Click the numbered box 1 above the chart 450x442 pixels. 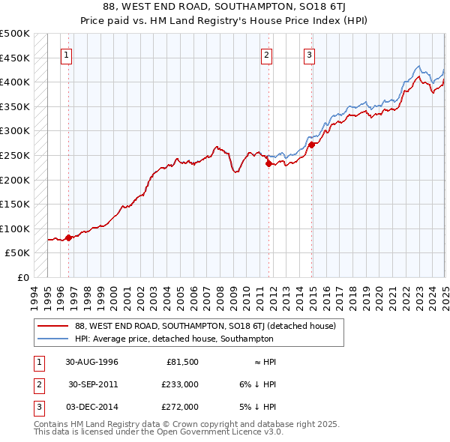click(67, 54)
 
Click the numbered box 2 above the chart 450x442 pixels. click(266, 54)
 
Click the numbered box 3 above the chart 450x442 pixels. click(309, 54)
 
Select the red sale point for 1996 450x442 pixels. click(68, 237)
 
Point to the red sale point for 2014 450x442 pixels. click(310, 145)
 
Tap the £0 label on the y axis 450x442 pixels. click(22, 277)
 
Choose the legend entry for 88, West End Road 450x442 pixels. click(209, 326)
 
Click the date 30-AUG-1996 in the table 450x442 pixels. click(91, 362)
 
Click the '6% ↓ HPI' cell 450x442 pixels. click(257, 384)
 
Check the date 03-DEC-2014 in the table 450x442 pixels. click(92, 407)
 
